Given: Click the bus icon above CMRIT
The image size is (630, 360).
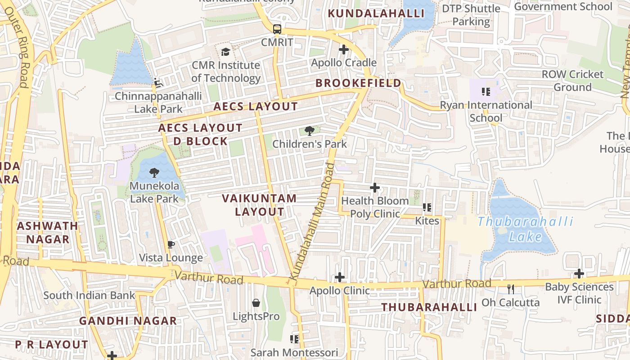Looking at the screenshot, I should (x=277, y=29).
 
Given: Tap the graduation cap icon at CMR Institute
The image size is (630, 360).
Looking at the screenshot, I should (x=225, y=52).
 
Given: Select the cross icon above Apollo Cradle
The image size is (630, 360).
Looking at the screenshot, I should (x=344, y=49).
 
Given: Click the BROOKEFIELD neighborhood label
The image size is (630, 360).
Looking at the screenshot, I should (x=358, y=83).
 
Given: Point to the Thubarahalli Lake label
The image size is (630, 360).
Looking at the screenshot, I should (x=525, y=229).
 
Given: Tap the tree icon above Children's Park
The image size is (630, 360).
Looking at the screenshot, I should (x=309, y=131).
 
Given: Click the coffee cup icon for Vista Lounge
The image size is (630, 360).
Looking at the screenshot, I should (x=171, y=244).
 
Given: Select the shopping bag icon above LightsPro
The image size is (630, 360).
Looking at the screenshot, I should (x=256, y=303).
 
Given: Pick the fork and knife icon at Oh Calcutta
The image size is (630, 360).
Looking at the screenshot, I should (x=510, y=289).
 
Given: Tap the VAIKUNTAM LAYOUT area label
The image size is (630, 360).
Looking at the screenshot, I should (x=259, y=205).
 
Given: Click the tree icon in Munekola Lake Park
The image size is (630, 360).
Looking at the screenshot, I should (x=154, y=172).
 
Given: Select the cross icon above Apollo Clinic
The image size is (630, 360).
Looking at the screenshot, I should (x=340, y=277).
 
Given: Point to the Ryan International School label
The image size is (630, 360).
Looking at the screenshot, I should (x=486, y=111).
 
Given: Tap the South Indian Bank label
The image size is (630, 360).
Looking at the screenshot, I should (x=89, y=296).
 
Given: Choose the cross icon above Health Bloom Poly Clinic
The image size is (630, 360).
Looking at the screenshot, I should (x=374, y=188).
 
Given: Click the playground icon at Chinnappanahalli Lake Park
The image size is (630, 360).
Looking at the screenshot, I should (x=158, y=82).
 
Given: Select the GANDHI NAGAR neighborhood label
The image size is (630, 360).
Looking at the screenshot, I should (x=128, y=321).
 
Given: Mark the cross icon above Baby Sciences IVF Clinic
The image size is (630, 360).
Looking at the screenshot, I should (x=579, y=274).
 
